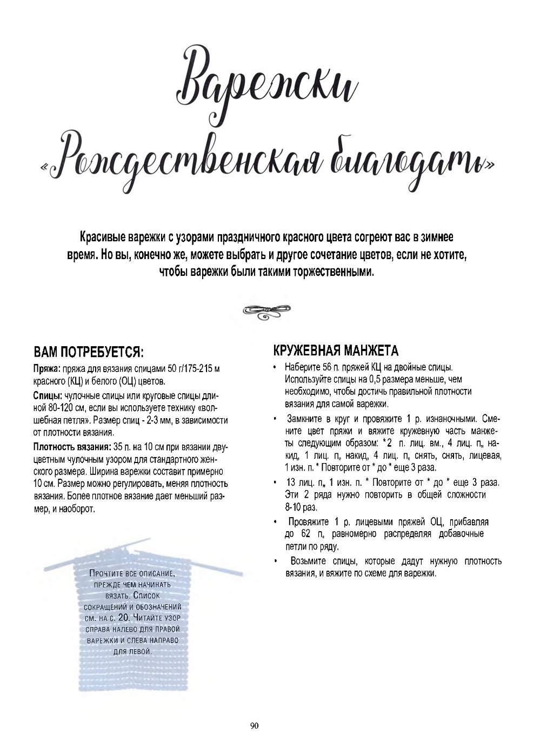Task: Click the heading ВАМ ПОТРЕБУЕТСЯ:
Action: (89, 352)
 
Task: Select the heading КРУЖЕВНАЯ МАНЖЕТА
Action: (336, 351)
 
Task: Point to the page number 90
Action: (255, 726)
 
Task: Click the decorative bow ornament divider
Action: (267, 310)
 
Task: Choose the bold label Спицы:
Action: (48, 395)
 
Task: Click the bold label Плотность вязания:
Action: (72, 447)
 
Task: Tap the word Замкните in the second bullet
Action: (306, 419)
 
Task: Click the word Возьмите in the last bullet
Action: (309, 561)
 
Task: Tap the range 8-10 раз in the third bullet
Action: (301, 507)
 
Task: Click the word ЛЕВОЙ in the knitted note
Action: (139, 652)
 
